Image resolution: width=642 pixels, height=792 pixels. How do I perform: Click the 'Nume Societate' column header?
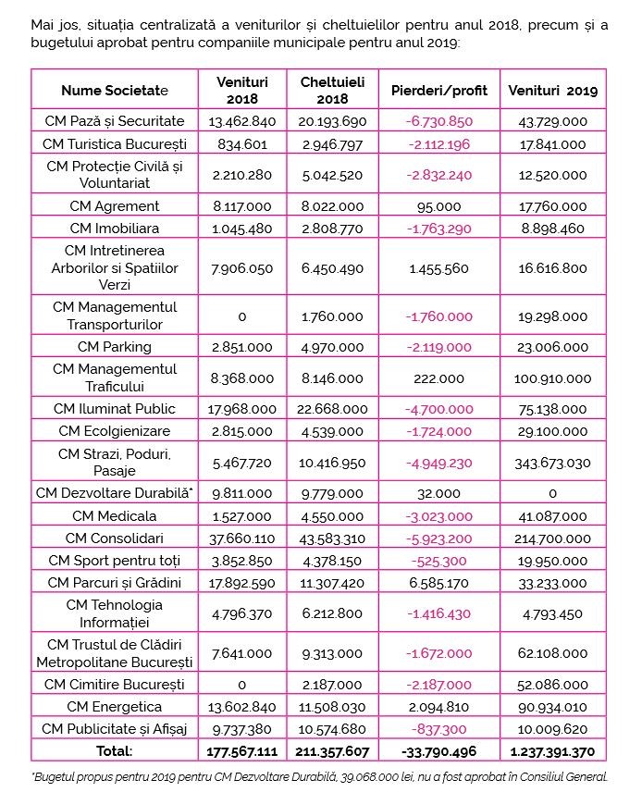(115, 91)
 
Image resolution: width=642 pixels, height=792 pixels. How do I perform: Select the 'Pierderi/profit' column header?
(438, 91)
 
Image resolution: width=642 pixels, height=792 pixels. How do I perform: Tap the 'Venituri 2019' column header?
(552, 91)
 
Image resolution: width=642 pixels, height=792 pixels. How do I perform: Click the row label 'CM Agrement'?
(115, 206)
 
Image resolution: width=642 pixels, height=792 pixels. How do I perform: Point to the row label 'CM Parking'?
(115, 347)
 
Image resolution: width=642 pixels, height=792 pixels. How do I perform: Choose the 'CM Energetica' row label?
(115, 707)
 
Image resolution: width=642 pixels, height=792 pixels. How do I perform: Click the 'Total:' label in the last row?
(115, 751)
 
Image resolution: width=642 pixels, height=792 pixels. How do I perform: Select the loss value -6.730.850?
(438, 121)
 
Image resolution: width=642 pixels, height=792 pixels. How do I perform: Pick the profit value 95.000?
(438, 206)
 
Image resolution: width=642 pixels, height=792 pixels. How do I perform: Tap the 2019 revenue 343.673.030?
(552, 464)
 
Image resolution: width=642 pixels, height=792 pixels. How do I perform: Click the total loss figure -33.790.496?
(438, 751)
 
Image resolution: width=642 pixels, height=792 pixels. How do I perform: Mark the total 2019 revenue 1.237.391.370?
(552, 751)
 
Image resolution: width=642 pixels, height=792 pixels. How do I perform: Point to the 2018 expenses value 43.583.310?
(332, 538)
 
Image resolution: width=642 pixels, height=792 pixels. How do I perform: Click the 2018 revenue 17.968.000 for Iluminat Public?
(242, 409)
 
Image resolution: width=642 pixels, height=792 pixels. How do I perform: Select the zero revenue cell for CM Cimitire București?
(242, 685)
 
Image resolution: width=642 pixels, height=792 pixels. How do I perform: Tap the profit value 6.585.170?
(438, 584)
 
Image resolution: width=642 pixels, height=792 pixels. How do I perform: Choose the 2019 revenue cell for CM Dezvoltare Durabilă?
(552, 493)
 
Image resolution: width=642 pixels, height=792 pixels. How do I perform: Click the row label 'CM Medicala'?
(115, 516)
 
